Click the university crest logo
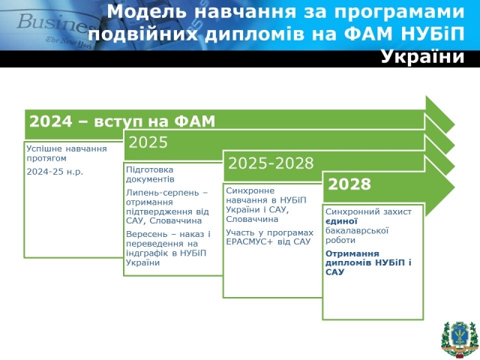pyautogui.click(x=460, y=340)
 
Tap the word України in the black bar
pyautogui.click(x=423, y=57)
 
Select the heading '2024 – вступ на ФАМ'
pyautogui.click(x=122, y=121)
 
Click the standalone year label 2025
pyautogui.click(x=148, y=142)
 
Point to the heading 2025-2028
pyautogui.click(x=271, y=163)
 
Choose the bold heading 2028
pyautogui.click(x=349, y=184)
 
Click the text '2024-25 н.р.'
pyautogui.click(x=55, y=172)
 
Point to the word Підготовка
pyautogui.click(x=150, y=169)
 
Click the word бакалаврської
pyautogui.click(x=357, y=230)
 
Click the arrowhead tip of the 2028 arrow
pyautogui.click(x=454, y=187)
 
